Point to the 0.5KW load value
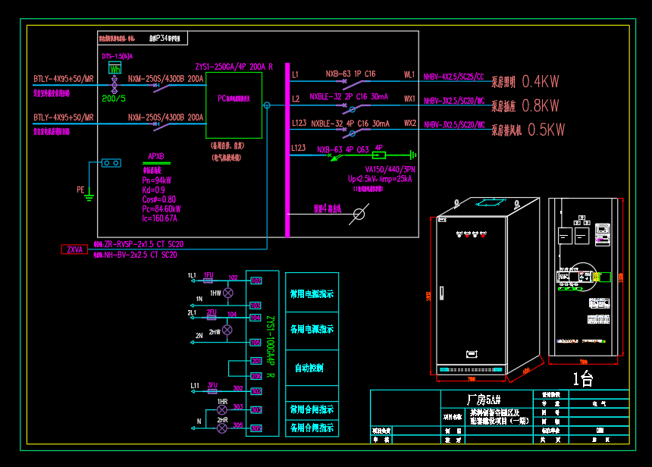(546, 130)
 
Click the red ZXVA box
(74, 249)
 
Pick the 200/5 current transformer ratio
(114, 98)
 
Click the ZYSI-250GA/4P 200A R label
(234, 67)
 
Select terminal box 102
(256, 281)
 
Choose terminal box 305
(256, 428)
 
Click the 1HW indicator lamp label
(215, 293)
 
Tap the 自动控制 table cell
(309, 368)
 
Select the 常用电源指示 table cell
(312, 293)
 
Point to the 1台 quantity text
(583, 378)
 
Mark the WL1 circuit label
(409, 75)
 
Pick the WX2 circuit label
(409, 123)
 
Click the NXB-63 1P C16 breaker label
(350, 74)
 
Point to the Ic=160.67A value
(159, 218)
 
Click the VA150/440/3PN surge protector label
(390, 170)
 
